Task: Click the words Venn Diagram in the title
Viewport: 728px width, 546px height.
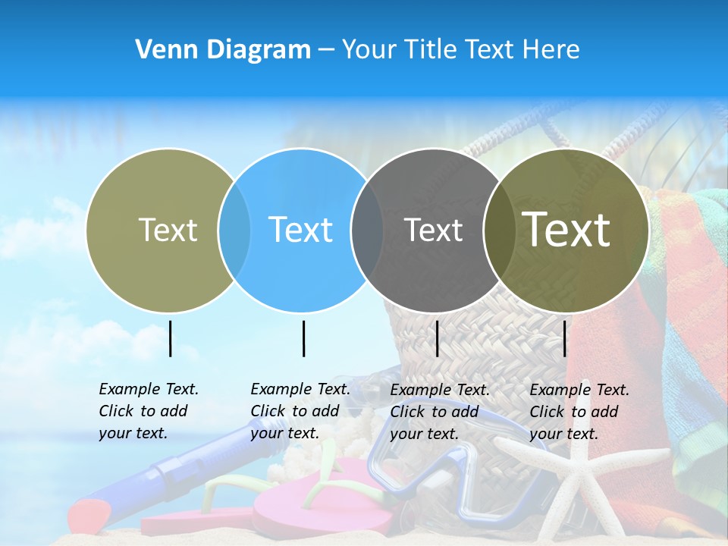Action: point(223,50)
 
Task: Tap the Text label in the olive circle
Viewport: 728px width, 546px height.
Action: point(168,230)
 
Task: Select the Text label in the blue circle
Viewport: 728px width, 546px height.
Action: point(300,230)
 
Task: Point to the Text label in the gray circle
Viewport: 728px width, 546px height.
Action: point(433,230)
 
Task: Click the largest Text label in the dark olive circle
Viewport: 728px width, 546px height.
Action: point(566,230)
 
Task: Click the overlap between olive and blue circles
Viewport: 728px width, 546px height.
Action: point(234,231)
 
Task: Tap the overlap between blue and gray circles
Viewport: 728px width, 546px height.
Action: point(367,231)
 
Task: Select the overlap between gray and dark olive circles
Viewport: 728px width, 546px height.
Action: point(499,231)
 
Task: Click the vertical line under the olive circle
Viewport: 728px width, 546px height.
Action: point(170,338)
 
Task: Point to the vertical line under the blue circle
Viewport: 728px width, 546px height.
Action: point(303,338)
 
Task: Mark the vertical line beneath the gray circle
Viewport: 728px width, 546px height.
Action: point(437,338)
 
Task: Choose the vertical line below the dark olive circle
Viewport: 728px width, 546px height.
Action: point(564,338)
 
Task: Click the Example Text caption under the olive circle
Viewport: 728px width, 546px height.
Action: point(149,411)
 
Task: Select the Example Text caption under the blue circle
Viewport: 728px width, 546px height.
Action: point(300,411)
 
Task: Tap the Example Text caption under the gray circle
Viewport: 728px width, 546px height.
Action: point(440,412)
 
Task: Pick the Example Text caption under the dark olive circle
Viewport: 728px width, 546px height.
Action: point(579,412)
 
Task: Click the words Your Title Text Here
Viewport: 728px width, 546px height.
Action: point(460,50)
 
